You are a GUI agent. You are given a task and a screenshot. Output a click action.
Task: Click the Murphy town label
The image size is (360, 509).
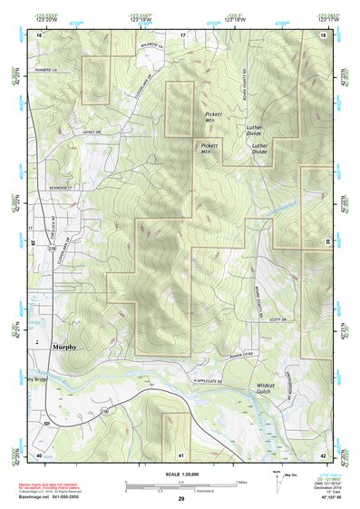tap(63, 347)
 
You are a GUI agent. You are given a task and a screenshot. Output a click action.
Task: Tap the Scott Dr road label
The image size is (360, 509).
tap(251, 318)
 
